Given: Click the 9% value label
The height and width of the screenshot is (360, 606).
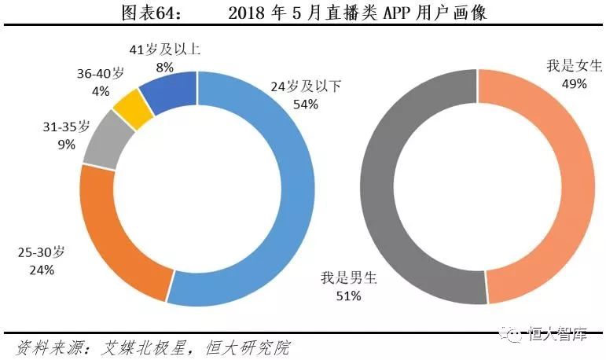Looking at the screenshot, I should [x=66, y=145].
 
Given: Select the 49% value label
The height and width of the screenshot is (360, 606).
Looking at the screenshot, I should [x=574, y=83].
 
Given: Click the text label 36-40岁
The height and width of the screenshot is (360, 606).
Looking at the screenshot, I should [x=100, y=73].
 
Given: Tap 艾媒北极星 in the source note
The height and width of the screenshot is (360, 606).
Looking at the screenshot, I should [x=145, y=347].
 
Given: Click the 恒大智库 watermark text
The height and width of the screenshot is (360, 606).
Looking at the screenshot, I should [x=559, y=335].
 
